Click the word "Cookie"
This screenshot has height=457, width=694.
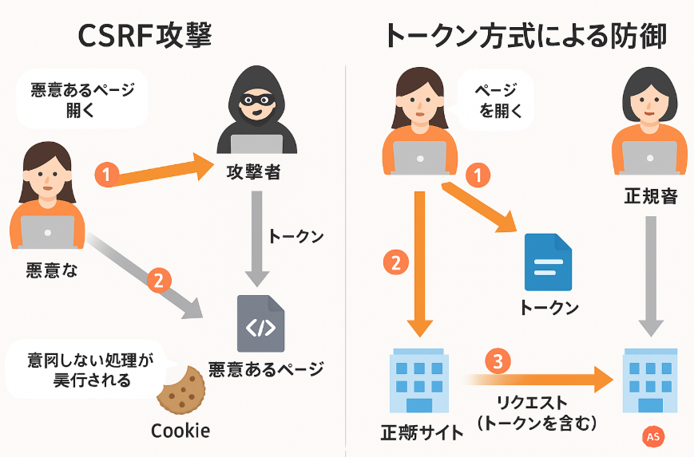coord(180,431)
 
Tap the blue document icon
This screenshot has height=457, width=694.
coord(548,261)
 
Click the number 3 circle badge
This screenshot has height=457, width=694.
coord(498,361)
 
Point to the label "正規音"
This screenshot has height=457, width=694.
coord(650,195)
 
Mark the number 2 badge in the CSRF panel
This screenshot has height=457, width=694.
coord(158,280)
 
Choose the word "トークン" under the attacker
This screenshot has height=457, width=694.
coord(295,237)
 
